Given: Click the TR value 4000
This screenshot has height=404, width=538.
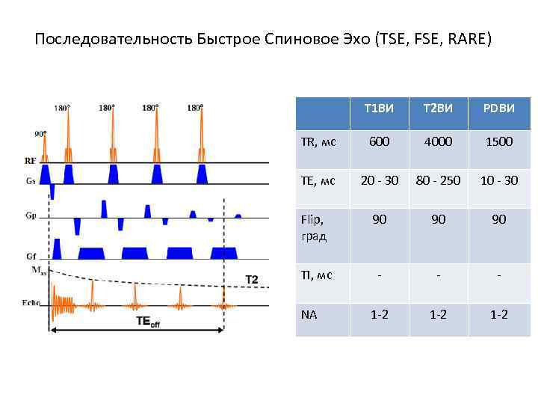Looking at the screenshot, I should pos(439,141).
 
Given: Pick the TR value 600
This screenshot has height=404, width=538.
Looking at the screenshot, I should pos(379,141).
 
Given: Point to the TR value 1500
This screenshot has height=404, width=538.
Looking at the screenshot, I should pos(498,141).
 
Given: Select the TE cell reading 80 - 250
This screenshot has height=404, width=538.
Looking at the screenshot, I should pos(439,180).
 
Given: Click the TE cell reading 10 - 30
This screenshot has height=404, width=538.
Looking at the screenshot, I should pos(498,180).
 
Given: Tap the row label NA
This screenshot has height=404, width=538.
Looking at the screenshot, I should pos(309,314).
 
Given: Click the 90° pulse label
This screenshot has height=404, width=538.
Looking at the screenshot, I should pos(40,135).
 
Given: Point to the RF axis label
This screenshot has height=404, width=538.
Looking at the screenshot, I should pos(30,160).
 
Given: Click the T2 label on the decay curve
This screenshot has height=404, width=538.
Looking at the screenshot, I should pos(252,279).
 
